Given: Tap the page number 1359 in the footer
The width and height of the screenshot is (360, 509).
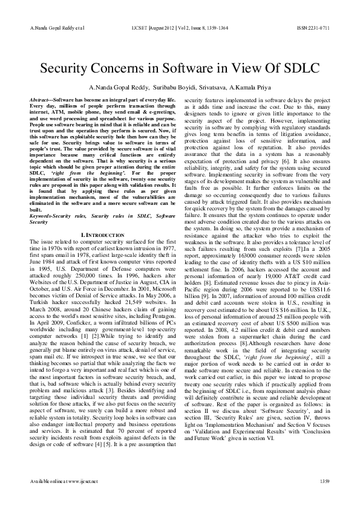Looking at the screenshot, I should click(324, 480).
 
